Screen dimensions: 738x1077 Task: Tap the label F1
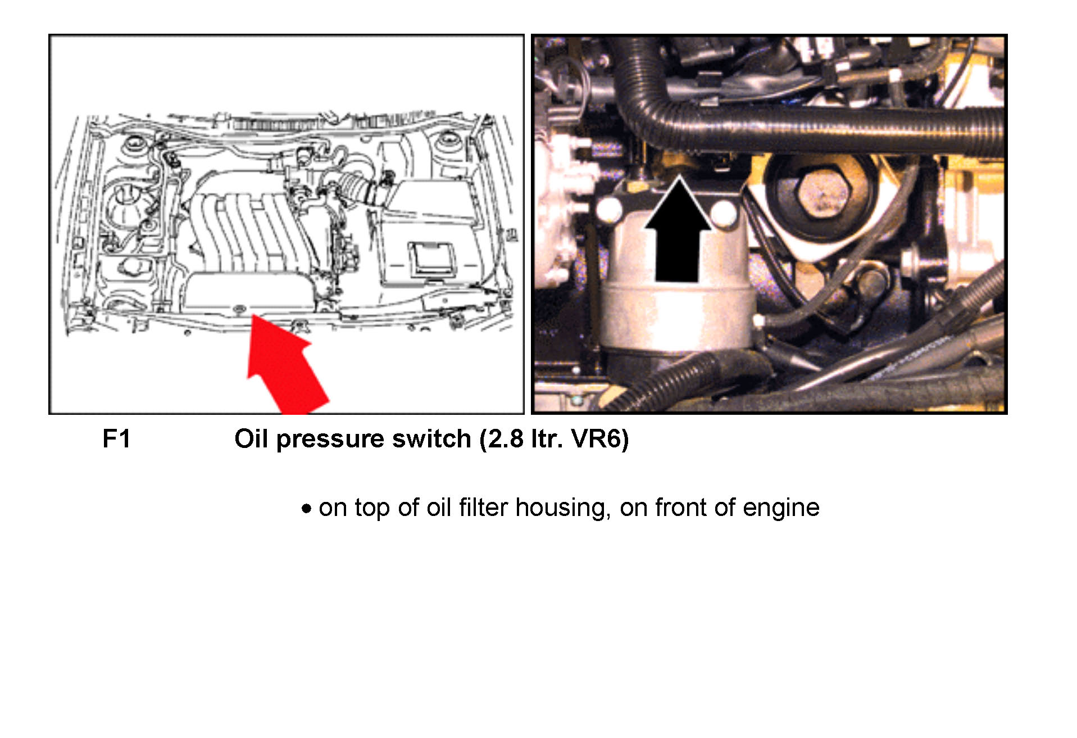tap(117, 439)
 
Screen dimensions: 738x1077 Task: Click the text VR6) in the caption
tap(599, 439)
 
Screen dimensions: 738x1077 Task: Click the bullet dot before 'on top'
tap(306, 509)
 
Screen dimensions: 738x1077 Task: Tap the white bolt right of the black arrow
tap(725, 212)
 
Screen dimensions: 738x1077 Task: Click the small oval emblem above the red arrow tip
tap(240, 308)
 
